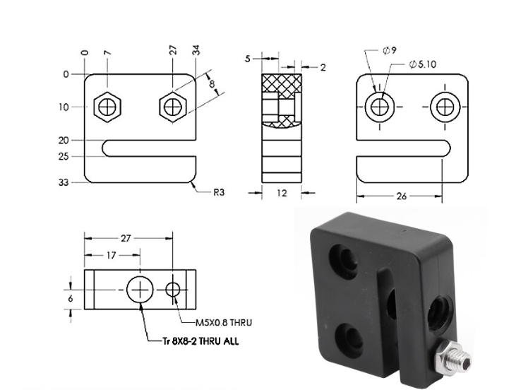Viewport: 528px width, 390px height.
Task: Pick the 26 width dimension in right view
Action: [x=401, y=196]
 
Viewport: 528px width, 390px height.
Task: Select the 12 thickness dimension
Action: [x=282, y=193]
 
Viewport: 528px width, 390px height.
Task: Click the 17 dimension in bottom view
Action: [x=112, y=255]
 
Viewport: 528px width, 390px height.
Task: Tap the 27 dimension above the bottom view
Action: [x=126, y=238]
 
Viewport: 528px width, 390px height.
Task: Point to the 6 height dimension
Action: [x=70, y=299]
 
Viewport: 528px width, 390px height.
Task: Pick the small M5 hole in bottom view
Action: [x=174, y=289]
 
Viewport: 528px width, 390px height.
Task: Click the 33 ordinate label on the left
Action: [x=64, y=182]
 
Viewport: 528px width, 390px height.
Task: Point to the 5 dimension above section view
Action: [x=248, y=59]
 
